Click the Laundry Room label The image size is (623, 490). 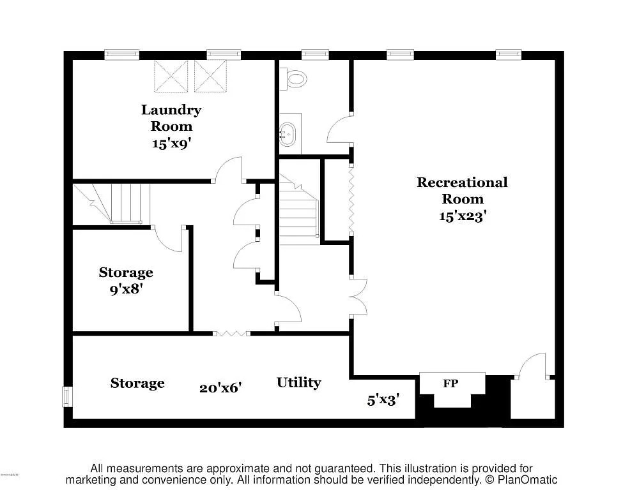coord(171,118)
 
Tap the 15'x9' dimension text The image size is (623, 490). coord(171,143)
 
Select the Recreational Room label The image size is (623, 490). coord(462,190)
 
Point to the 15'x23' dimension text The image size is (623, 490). coord(462,216)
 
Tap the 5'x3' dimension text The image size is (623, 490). coord(383,400)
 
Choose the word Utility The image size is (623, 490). coord(298,383)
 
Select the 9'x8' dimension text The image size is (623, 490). coord(126,289)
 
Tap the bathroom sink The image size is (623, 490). coord(289,134)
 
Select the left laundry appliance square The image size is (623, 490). coord(171,75)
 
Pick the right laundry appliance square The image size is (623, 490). coord(211,75)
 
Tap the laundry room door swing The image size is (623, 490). coord(228,169)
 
